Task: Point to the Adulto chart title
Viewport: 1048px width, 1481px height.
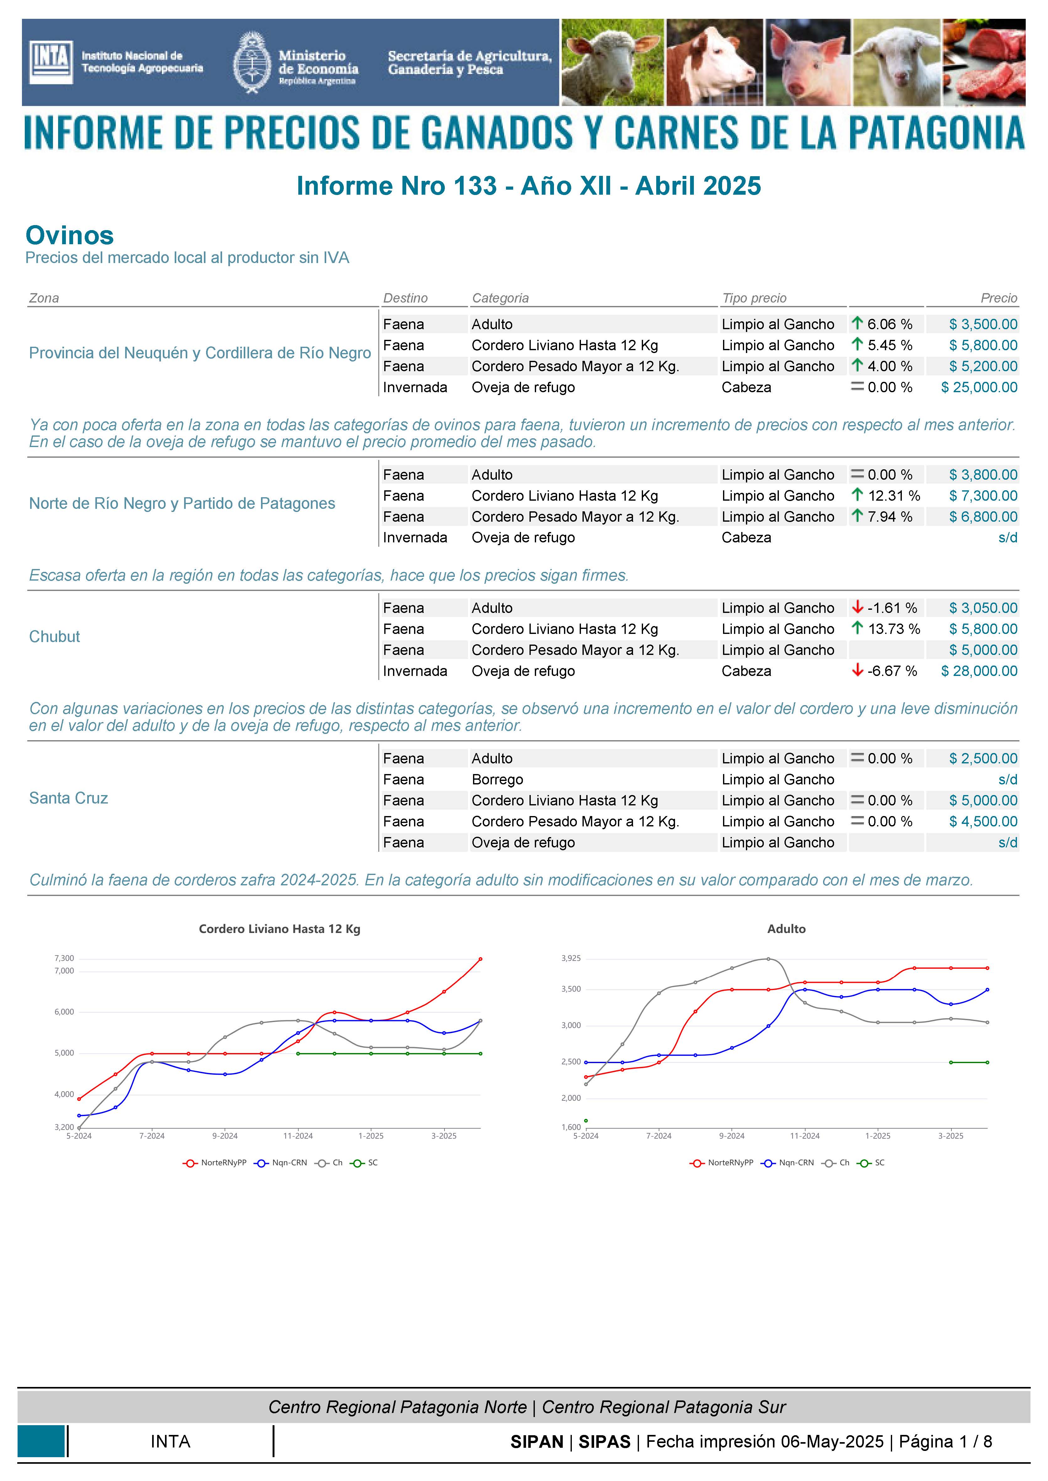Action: pos(786,929)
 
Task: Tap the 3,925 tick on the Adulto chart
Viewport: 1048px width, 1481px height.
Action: pos(571,958)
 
